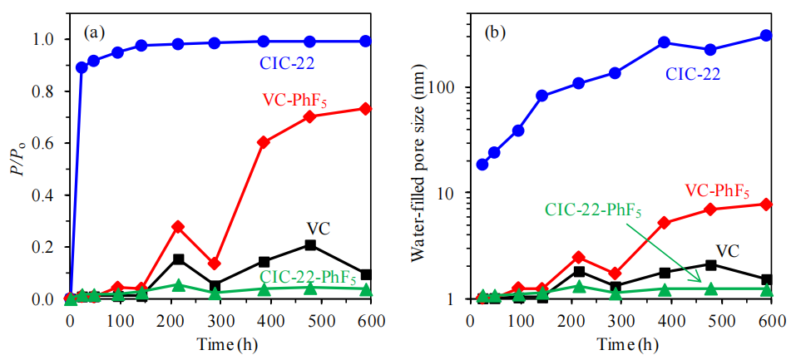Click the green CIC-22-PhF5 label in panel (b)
592,210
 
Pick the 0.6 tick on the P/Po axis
50,143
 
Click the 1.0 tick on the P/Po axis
50,39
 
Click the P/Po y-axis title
17,169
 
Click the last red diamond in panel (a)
365,109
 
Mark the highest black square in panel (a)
310,245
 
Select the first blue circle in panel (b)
482,165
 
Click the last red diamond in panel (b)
767,204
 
